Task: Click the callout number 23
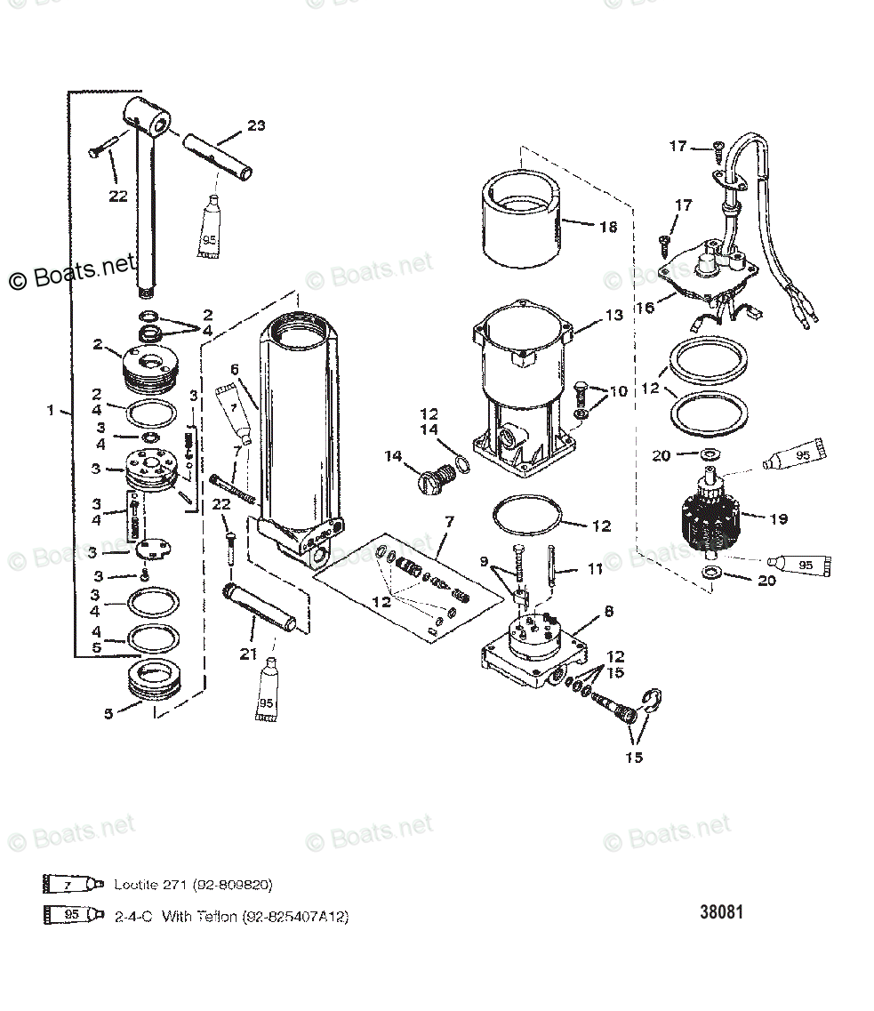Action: tap(255, 125)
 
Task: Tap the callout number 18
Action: tap(607, 227)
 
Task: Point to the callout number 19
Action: tap(778, 519)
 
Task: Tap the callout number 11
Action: tap(595, 566)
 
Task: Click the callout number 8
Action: tap(608, 611)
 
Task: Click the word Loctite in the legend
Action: tap(135, 885)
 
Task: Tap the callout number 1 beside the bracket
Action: tap(51, 411)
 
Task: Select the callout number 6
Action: tap(235, 369)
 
